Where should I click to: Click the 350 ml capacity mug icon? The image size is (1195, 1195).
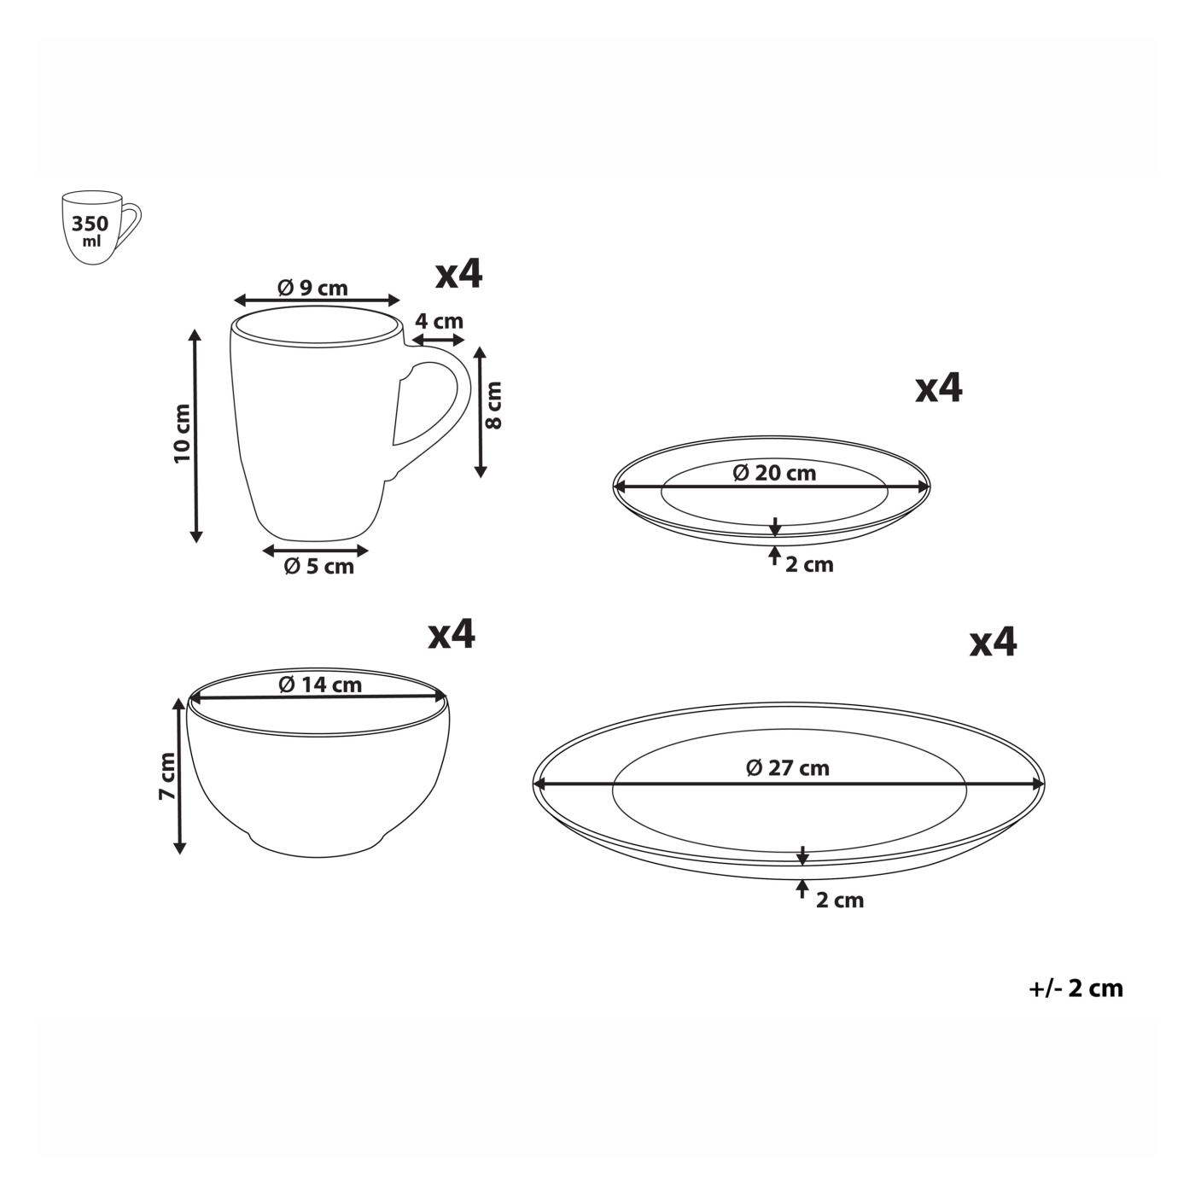click(101, 228)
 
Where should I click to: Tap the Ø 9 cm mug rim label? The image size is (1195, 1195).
click(312, 288)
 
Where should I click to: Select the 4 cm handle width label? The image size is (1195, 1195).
click(439, 321)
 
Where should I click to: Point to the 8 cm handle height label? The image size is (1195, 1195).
click(494, 405)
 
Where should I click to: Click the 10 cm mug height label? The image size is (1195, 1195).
click(183, 433)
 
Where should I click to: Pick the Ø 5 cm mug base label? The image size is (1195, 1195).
click(318, 566)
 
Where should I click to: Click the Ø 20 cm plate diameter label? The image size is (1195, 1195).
click(774, 473)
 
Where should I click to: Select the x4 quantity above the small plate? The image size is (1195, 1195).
click(938, 389)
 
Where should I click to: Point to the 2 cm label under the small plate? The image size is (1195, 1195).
click(809, 565)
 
